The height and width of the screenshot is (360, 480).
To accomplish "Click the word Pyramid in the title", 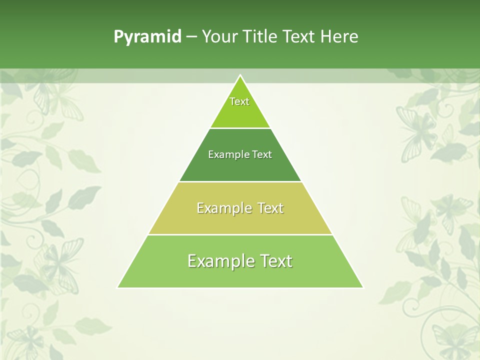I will tap(147, 37).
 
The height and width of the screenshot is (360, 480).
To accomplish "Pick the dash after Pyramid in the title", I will tap(191, 37).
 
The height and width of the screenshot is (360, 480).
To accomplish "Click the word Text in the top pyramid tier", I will tap(239, 101).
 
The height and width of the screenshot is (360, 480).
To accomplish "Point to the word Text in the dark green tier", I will tap(262, 154).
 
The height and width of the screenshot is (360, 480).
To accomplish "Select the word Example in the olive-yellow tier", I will tap(223, 208).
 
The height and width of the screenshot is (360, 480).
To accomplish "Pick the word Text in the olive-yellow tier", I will tap(270, 208).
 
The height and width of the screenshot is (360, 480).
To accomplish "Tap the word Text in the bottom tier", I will tap(277, 261).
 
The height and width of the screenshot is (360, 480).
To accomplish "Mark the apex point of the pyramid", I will tap(240, 75).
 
